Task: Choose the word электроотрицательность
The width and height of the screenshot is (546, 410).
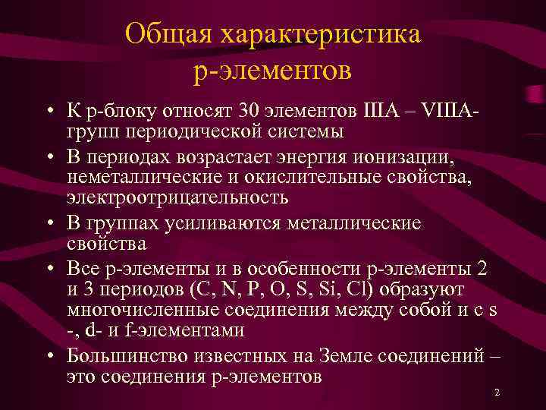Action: pyautogui.click(x=177, y=197)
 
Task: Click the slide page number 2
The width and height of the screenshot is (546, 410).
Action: pyautogui.click(x=496, y=393)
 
